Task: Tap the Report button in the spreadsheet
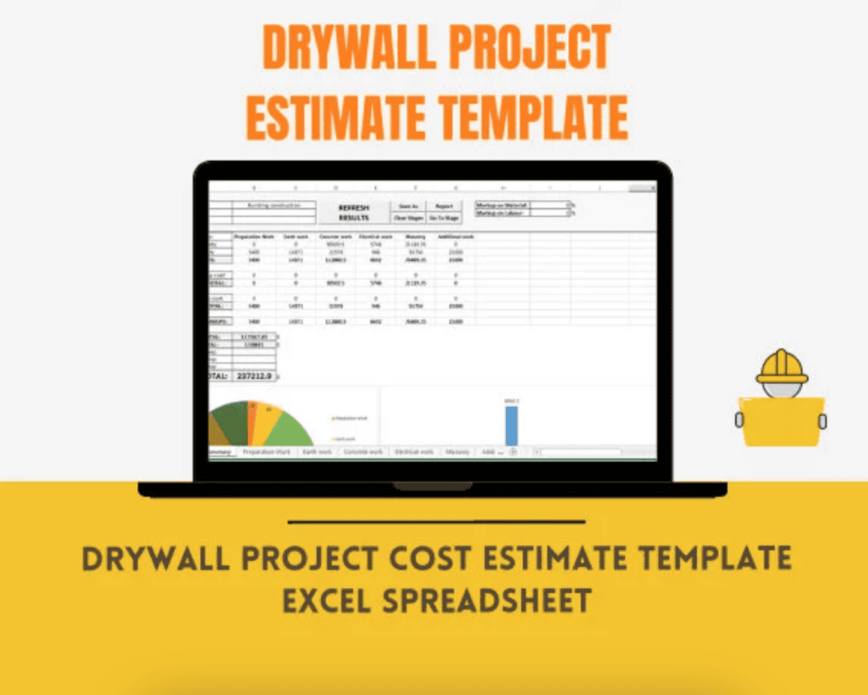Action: pos(444,205)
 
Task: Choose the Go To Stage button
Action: pos(444,218)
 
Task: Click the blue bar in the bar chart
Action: pos(511,425)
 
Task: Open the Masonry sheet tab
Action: pos(458,453)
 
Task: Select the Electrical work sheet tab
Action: pos(414,453)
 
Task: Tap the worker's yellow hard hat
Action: pos(781,366)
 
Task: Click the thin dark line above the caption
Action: pos(437,522)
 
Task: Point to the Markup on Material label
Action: pos(503,204)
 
